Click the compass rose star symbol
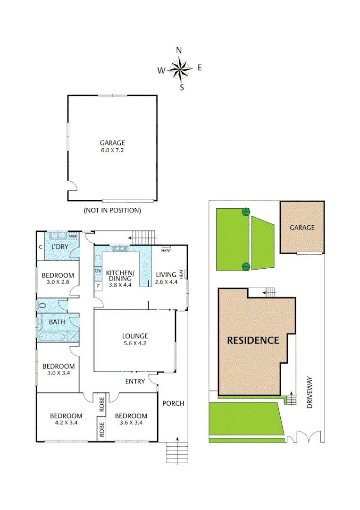[179, 69]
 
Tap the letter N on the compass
[179, 51]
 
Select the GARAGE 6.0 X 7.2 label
[112, 146]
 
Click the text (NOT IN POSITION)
[112, 210]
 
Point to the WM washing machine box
[73, 237]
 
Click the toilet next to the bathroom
[43, 306]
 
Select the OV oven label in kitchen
[98, 271]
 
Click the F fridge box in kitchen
[98, 286]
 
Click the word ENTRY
[135, 382]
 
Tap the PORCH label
[173, 403]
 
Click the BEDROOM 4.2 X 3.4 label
[67, 419]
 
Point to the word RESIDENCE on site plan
[253, 340]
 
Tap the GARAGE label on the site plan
[302, 228]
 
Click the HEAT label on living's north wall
[166, 250]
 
